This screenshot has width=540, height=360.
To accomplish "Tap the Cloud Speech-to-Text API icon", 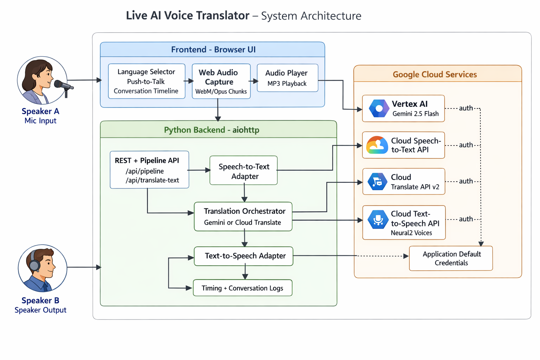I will click(377, 145).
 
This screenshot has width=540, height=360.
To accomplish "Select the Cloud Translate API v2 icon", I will click(377, 182).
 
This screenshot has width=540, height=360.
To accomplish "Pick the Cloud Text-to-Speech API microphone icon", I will click(378, 219).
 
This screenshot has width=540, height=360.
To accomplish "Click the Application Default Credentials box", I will click(451, 258).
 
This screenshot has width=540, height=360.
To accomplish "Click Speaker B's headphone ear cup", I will click(34, 265).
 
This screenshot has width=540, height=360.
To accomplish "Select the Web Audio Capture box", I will click(221, 82).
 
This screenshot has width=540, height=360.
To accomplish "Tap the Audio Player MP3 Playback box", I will click(287, 78).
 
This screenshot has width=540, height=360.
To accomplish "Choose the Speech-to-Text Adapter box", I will click(244, 171).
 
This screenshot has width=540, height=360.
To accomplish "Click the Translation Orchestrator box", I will click(243, 217).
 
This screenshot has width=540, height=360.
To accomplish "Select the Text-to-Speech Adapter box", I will click(244, 256).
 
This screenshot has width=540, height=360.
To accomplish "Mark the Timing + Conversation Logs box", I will click(243, 288).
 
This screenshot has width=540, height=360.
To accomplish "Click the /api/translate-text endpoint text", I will click(152, 180).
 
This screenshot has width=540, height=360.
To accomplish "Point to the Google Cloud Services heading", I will click(435, 75).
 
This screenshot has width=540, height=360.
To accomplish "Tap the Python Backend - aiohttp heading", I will click(212, 130).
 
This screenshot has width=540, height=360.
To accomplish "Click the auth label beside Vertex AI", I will click(466, 108).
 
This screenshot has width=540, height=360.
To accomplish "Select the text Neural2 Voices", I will click(411, 233).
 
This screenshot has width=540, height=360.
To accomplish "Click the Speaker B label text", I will click(40, 301).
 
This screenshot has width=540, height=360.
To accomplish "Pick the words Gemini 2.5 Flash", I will click(416, 114).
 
